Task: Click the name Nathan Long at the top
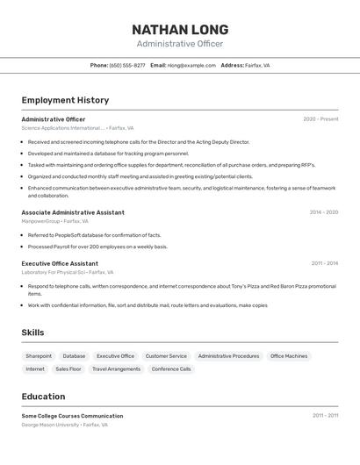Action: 180,30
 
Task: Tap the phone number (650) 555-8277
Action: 127,65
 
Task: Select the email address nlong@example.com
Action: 191,65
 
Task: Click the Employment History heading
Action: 65,100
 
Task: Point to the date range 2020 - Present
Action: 320,119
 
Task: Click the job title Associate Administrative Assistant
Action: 73,212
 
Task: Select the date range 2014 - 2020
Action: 323,212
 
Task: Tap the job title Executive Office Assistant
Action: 60,263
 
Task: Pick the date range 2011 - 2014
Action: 324,263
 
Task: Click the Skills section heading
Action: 32,333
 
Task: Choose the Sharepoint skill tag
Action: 39,356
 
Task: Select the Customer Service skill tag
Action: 166,356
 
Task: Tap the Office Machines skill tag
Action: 289,356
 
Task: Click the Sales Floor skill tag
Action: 68,369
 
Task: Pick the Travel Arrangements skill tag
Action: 116,369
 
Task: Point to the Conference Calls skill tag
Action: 171,369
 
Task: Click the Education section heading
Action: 43,397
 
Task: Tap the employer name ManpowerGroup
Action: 40,221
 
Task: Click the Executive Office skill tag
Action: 115,356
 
